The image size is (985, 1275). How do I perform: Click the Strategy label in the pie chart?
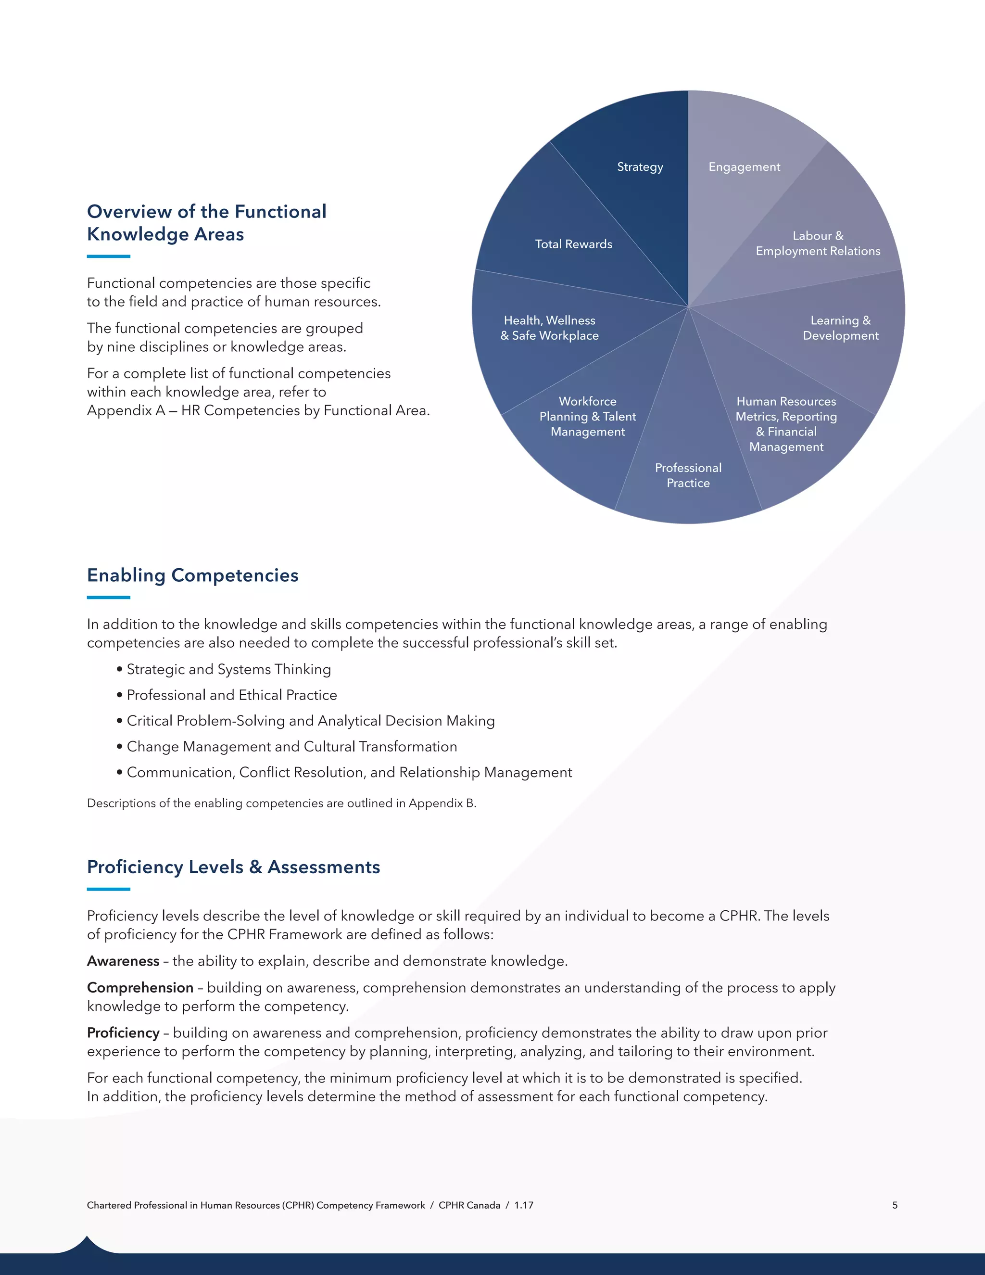tap(640, 167)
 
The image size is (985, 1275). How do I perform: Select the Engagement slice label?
tap(744, 167)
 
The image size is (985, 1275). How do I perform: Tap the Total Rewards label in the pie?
tap(574, 244)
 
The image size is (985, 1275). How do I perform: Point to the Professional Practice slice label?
tap(688, 475)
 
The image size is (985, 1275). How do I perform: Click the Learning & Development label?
tap(840, 328)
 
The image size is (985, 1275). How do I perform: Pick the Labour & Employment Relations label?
tap(818, 243)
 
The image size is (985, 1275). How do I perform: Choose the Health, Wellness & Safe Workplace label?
tap(549, 328)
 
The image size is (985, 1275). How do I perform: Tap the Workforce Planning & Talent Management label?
tap(588, 416)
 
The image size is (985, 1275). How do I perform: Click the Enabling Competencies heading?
tap(192, 575)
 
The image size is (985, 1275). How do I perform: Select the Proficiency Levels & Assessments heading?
tap(233, 867)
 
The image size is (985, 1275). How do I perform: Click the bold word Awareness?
tap(123, 961)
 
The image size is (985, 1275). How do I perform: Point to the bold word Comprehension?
tap(140, 987)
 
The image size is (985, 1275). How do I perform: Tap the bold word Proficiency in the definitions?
tap(123, 1033)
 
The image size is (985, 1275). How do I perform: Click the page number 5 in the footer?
tap(895, 1205)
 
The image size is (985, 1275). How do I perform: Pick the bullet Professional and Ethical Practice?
tap(232, 695)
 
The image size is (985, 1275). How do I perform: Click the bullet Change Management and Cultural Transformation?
tap(292, 747)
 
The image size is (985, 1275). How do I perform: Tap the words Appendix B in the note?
tap(441, 803)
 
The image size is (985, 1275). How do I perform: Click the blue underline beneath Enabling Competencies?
tap(109, 597)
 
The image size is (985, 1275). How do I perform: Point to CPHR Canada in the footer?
tap(469, 1205)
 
